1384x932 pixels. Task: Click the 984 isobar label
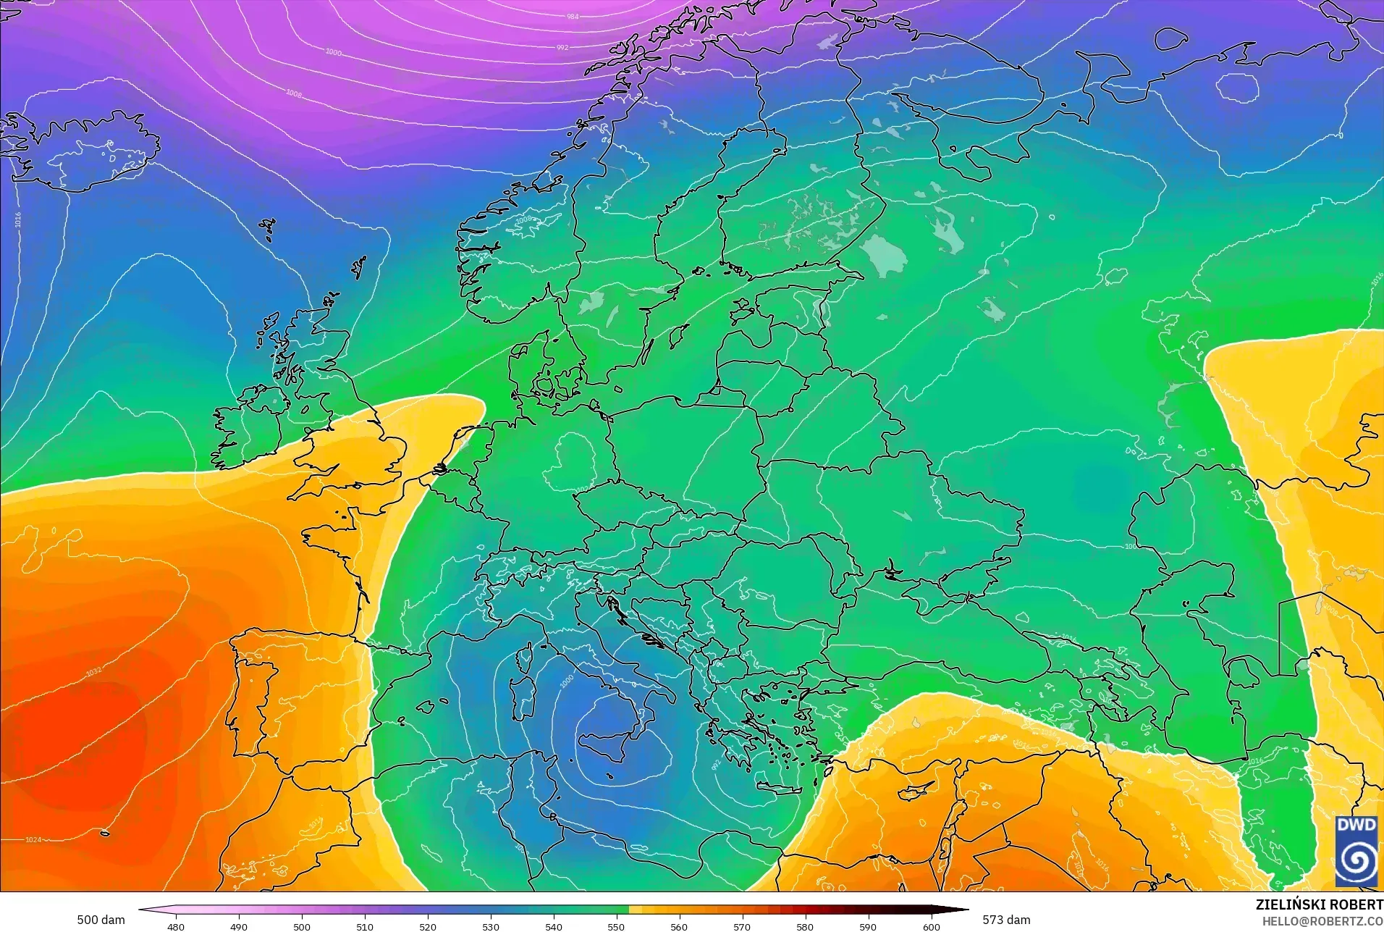tap(573, 16)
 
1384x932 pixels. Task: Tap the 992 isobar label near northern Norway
tap(562, 48)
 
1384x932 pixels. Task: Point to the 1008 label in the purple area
tap(293, 93)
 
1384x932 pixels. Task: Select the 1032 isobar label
tap(94, 671)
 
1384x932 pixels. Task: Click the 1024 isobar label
tap(33, 840)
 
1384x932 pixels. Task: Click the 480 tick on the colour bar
tap(176, 926)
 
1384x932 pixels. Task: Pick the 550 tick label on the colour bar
tap(616, 926)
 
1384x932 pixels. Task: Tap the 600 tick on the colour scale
tap(931, 926)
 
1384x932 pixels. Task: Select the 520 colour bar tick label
tap(428, 926)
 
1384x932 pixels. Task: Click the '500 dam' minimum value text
tap(101, 920)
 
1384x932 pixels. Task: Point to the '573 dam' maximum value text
tap(1006, 920)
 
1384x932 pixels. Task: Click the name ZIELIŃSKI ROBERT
tap(1319, 904)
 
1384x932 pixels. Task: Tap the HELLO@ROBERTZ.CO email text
tap(1322, 921)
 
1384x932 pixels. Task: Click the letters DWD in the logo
tap(1356, 825)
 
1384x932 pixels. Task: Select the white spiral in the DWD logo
tap(1356, 860)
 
